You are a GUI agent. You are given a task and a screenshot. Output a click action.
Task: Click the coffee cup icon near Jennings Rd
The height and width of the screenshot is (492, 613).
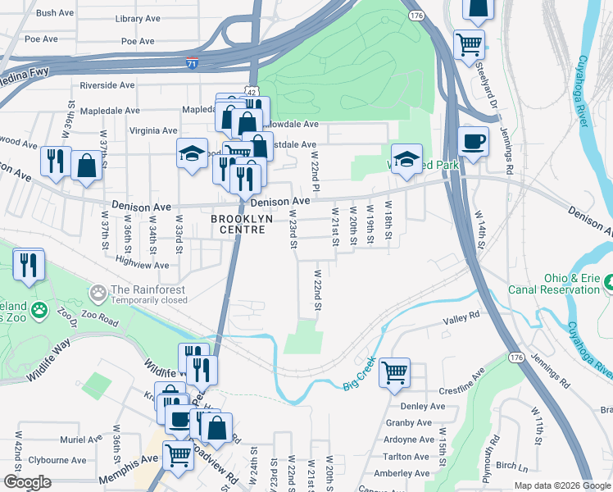coord(473,142)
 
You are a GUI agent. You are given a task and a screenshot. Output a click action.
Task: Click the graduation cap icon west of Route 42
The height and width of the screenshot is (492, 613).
coord(192,153)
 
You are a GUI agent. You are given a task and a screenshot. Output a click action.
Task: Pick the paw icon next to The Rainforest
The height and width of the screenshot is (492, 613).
coord(98,291)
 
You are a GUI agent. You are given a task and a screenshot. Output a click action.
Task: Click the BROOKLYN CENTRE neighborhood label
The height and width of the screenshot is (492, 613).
coord(238,225)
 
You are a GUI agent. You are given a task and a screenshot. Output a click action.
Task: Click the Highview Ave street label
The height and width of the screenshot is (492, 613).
coord(142,265)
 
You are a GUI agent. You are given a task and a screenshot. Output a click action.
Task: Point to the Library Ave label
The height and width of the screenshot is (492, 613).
coord(135,18)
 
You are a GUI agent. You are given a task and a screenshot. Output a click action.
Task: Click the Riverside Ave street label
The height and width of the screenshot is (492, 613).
coord(107,85)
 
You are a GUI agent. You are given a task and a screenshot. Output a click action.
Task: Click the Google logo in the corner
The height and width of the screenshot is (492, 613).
coord(27,482)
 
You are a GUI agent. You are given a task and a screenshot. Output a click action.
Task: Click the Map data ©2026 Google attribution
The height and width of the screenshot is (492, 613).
coord(561,485)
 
